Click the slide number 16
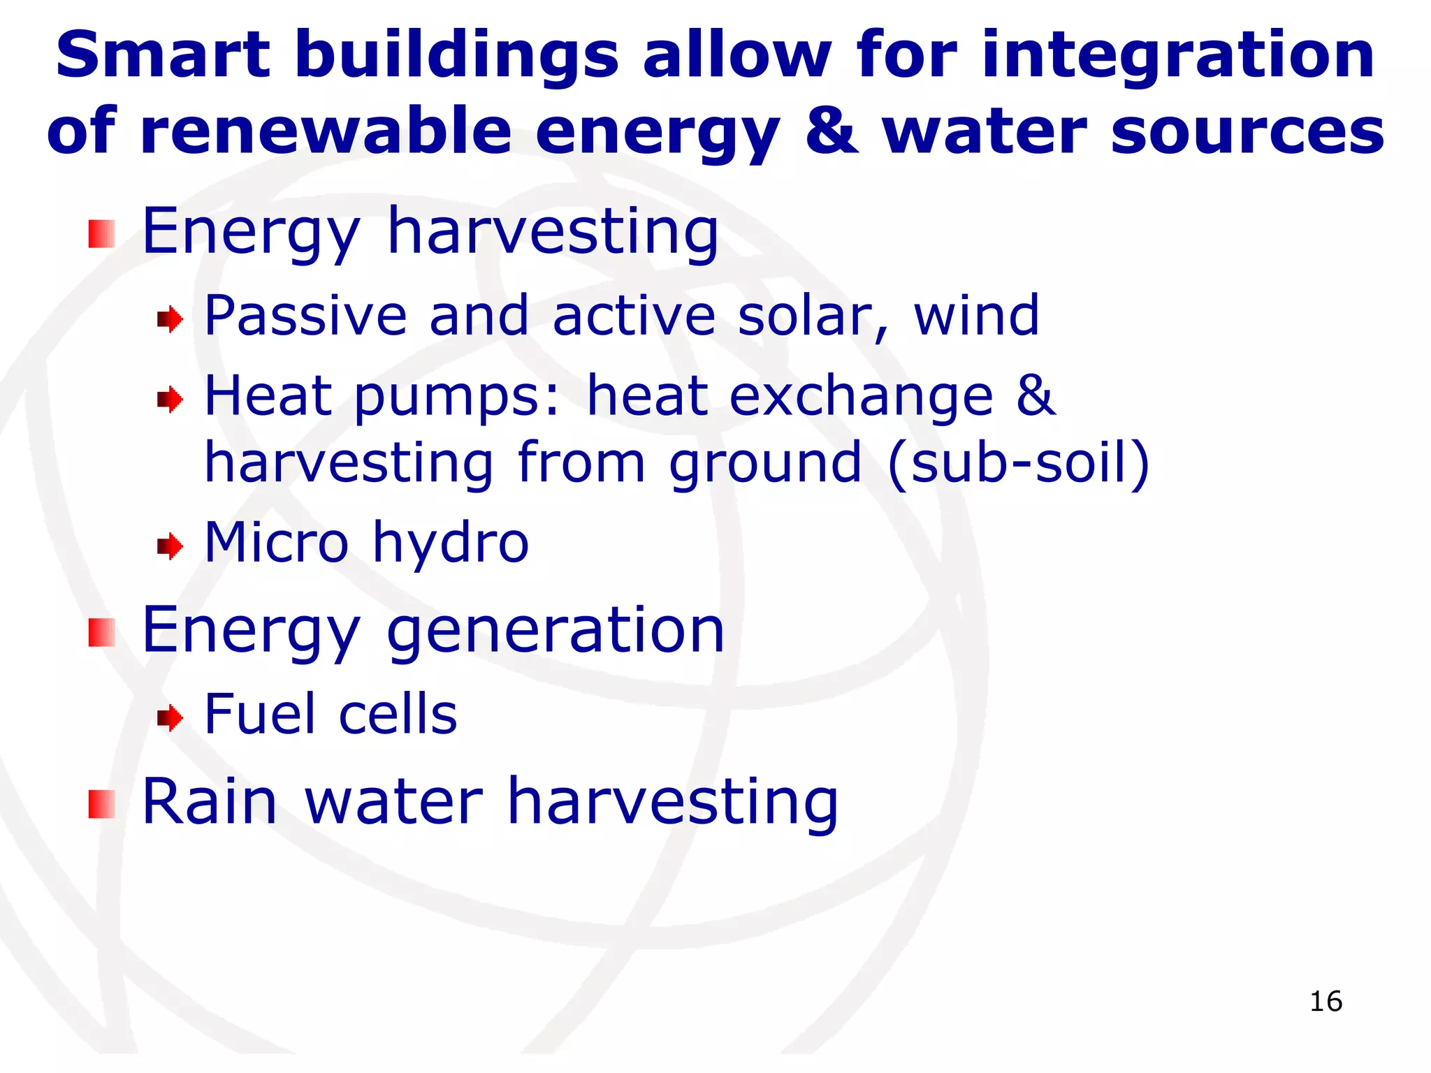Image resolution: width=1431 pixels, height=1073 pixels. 1325,1001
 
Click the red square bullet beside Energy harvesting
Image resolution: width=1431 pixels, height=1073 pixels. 102,234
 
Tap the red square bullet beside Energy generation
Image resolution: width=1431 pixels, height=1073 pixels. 102,633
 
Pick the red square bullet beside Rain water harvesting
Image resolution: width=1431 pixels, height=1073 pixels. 102,804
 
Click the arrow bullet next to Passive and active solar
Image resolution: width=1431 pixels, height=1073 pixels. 170,320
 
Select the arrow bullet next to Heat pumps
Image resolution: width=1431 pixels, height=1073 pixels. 170,400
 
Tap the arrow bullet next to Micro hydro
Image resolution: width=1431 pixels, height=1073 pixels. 170,546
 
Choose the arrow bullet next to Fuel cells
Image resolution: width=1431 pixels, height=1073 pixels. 170,717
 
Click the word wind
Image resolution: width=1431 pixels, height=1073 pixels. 976,316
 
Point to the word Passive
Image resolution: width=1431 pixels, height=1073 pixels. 305,316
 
